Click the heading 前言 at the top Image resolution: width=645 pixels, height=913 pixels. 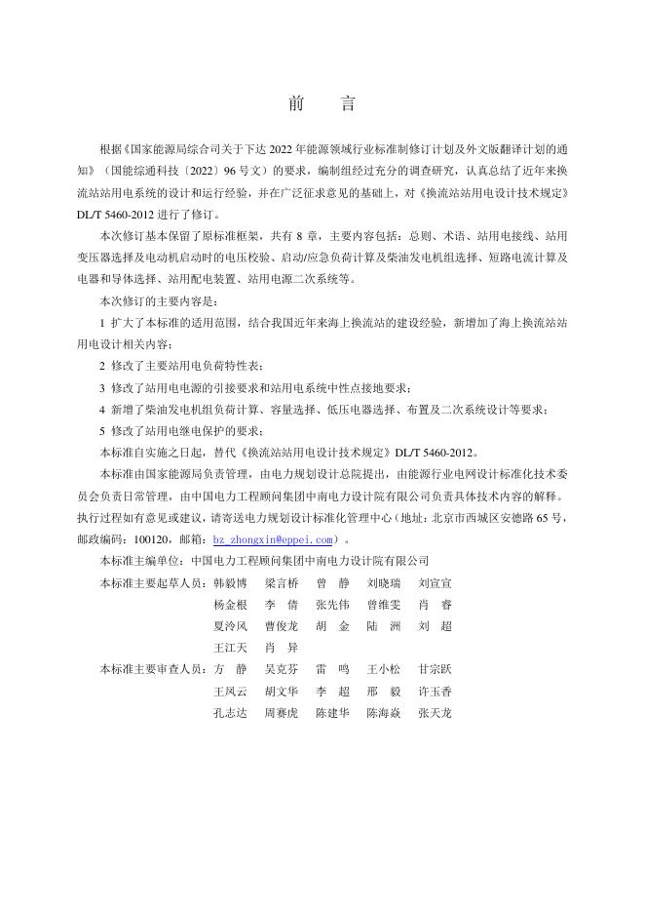(x=322, y=103)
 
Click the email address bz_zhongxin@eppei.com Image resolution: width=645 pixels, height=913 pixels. (x=274, y=538)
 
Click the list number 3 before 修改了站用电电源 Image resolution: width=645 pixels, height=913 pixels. (x=103, y=387)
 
